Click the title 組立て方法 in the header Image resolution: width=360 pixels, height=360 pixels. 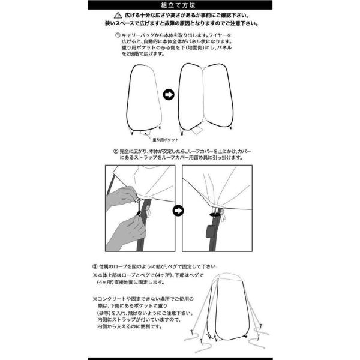click(179, 5)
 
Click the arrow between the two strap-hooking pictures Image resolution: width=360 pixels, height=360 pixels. click(177, 211)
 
